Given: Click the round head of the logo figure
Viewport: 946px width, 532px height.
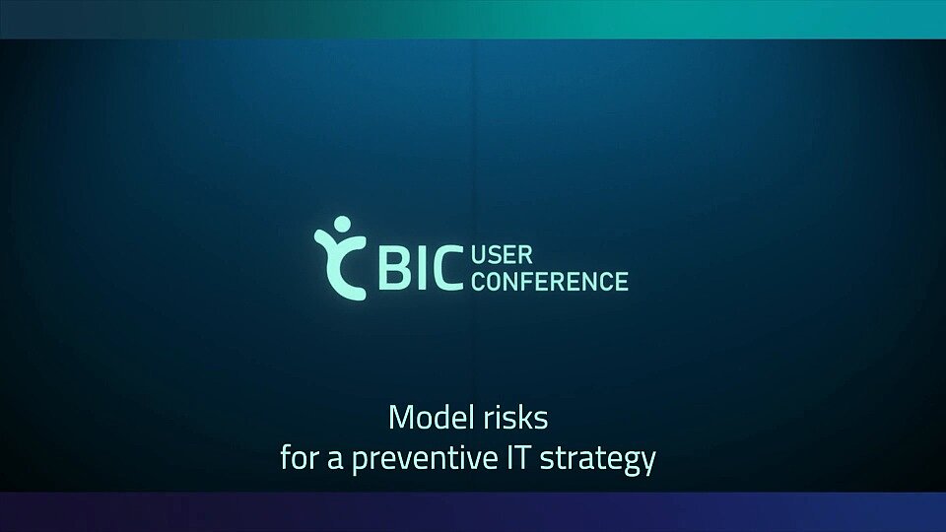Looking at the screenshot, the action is click(342, 224).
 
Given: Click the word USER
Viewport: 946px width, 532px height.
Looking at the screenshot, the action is click(502, 255).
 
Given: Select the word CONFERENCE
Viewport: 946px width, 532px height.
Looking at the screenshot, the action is click(550, 281).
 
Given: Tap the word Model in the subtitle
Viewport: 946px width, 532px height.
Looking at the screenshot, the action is click(430, 418).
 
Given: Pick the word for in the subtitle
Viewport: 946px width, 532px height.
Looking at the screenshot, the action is click(300, 458).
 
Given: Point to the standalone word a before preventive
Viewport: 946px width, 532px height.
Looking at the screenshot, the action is click(335, 461).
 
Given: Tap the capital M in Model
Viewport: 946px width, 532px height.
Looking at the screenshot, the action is click(401, 418).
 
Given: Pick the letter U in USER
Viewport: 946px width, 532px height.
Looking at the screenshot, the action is click(479, 255).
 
